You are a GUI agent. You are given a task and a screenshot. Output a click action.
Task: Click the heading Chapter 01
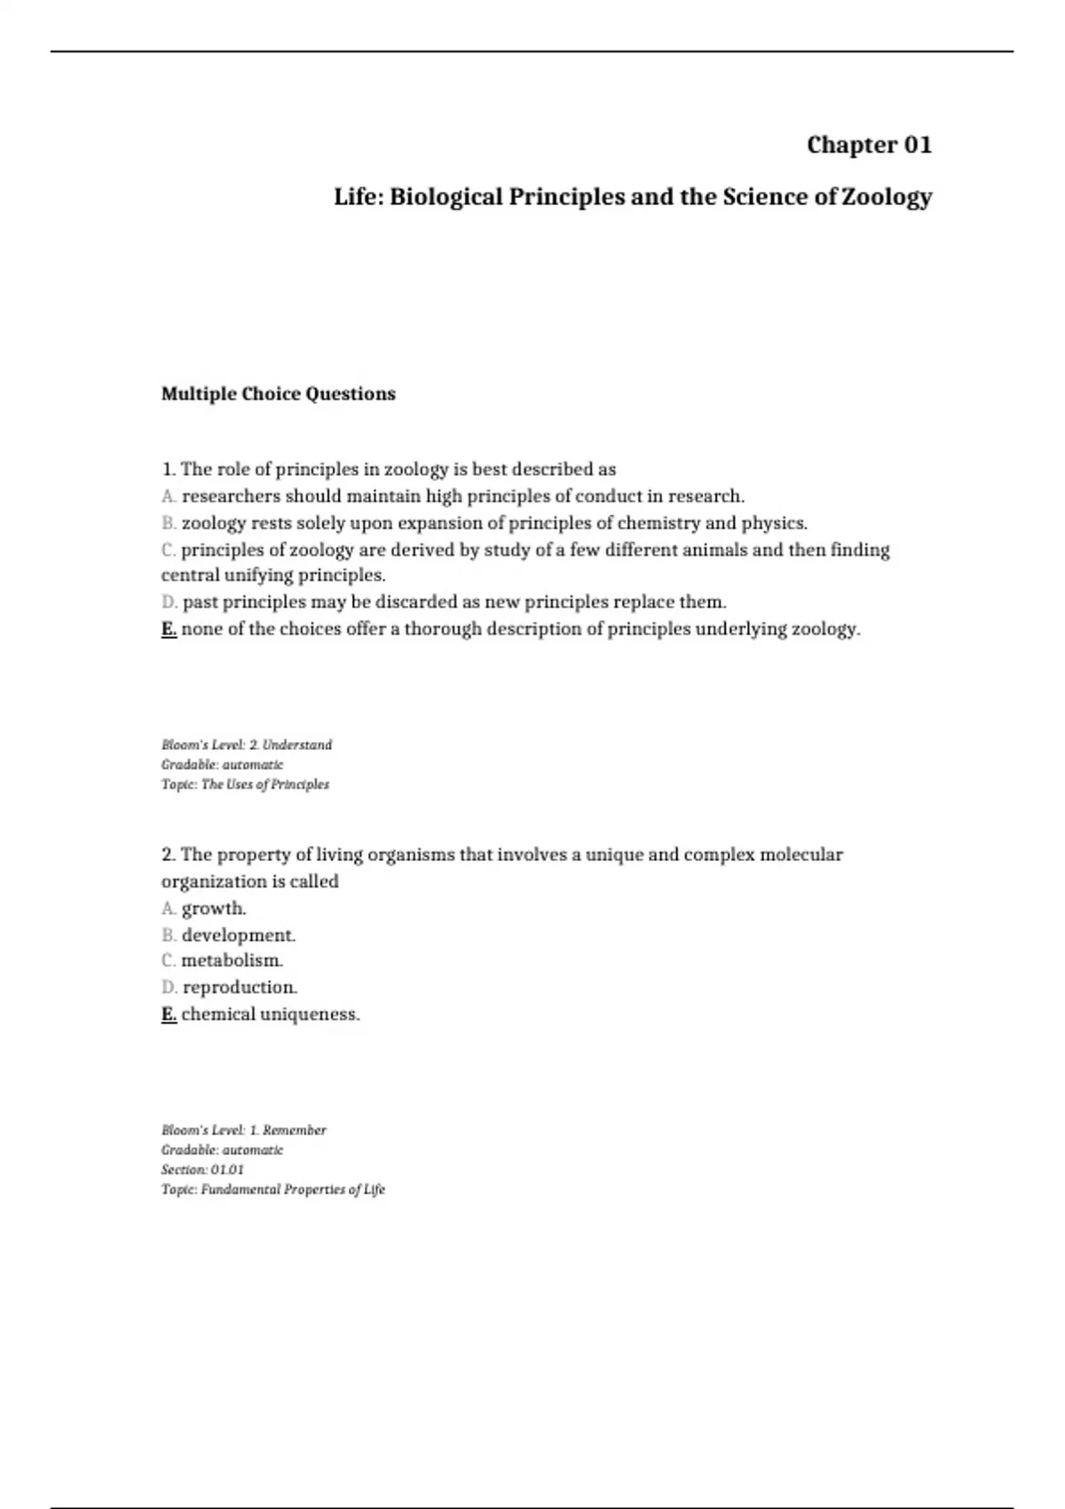tap(869, 145)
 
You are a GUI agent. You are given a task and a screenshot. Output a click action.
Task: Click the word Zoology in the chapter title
tap(887, 196)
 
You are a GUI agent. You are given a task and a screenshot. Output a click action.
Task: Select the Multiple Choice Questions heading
tap(278, 394)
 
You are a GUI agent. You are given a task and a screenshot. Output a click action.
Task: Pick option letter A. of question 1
tap(169, 496)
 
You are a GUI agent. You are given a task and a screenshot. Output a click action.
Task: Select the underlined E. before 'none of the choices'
tap(169, 629)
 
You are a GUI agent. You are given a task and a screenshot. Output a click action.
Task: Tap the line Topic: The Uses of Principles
tap(245, 785)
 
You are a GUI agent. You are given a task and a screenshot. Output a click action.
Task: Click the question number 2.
tap(169, 855)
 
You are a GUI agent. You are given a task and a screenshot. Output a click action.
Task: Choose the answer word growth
tap(214, 908)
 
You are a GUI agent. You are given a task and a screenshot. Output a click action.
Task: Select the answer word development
tap(239, 935)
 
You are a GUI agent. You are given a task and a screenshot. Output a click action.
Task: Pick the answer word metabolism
tap(232, 960)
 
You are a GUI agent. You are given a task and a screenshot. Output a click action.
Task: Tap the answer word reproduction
tap(240, 987)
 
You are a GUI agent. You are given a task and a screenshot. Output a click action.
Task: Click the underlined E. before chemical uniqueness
tap(169, 1014)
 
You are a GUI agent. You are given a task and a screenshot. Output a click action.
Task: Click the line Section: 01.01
tap(202, 1170)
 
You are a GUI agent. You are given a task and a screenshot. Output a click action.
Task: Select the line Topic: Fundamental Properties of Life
tap(273, 1189)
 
